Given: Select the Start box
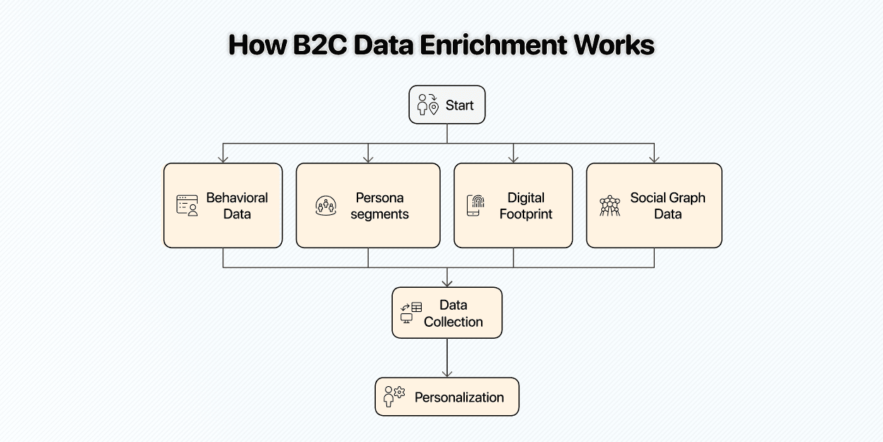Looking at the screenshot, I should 447,105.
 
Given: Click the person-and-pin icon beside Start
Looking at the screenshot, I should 427,105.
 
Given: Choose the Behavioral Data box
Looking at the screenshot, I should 223,205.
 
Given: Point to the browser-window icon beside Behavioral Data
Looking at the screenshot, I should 187,205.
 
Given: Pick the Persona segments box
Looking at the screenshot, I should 367,205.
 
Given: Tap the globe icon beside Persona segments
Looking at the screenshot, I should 326,206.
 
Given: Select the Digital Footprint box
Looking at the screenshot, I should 513,205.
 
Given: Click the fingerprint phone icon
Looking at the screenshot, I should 475,205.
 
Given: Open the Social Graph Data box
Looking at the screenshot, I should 654,205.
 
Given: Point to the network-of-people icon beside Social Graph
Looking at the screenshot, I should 609,206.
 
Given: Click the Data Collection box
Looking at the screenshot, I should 447,313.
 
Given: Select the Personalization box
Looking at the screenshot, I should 447,396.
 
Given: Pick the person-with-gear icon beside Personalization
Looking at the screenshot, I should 393,396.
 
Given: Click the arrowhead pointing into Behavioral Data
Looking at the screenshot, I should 223,158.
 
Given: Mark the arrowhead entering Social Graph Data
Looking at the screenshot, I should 654,158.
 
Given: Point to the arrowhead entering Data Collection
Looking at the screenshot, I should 447,282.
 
